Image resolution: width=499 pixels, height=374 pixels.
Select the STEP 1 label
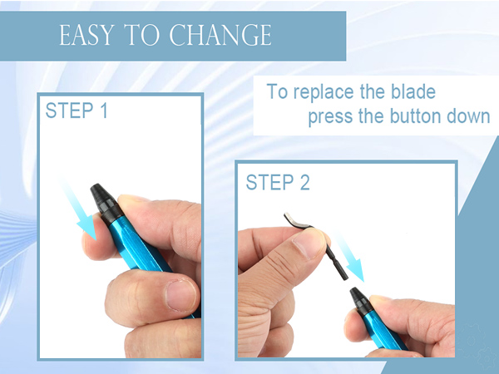[77, 111]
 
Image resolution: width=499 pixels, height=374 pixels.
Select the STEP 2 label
[278, 182]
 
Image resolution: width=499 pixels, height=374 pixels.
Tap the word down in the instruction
[468, 116]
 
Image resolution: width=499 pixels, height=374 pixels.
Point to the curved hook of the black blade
[291, 219]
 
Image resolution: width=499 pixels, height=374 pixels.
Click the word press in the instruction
[329, 116]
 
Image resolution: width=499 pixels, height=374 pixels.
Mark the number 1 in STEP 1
[102, 111]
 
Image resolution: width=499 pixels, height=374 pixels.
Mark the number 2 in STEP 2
[304, 182]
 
